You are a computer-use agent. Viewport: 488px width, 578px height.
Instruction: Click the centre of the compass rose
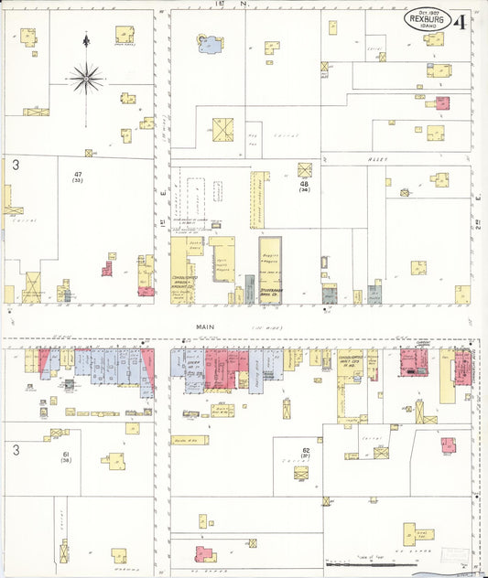(86, 77)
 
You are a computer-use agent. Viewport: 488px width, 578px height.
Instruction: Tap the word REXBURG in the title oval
(427, 17)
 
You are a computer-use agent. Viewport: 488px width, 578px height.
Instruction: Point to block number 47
(79, 173)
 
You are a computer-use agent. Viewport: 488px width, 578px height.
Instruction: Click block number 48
(304, 184)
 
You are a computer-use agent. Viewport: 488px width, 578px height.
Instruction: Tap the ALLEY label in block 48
(379, 159)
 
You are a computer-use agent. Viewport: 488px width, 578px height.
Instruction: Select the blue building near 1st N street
(210, 42)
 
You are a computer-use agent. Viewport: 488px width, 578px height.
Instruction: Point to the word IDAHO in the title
(428, 25)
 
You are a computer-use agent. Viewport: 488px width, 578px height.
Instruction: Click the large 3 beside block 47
(16, 165)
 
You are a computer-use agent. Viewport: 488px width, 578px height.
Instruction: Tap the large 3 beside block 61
(16, 450)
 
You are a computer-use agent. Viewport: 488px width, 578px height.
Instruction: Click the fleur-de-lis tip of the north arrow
(86, 40)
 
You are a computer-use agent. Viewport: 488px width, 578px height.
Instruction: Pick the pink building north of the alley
(442, 102)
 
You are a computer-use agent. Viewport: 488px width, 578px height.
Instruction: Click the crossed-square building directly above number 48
(304, 169)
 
